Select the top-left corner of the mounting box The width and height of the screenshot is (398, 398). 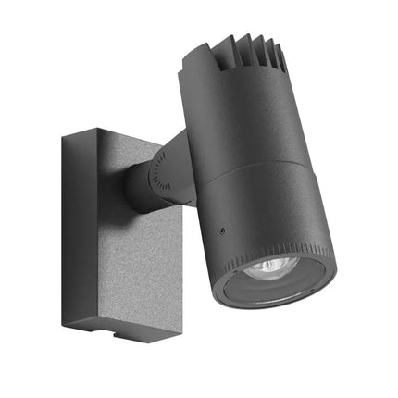(63, 136)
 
